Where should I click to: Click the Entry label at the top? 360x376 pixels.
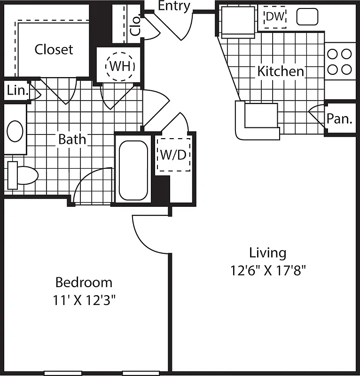(x=174, y=6)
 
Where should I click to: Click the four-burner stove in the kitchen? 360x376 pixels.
(x=339, y=62)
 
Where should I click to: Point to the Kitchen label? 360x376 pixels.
(x=281, y=72)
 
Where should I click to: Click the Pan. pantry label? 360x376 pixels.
(x=340, y=118)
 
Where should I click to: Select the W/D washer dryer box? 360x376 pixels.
(x=173, y=155)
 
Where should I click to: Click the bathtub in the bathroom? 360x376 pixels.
(x=133, y=170)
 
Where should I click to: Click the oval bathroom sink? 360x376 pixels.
(x=15, y=131)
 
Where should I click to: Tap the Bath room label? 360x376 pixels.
(x=72, y=140)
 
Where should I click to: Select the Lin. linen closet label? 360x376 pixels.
(x=17, y=91)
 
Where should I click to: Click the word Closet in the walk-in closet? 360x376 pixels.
(x=54, y=49)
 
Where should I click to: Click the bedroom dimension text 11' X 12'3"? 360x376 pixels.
(x=84, y=300)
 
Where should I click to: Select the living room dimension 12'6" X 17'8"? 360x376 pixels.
(x=268, y=271)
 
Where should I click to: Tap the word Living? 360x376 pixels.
(x=267, y=253)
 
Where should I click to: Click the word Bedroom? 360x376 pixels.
(x=84, y=282)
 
